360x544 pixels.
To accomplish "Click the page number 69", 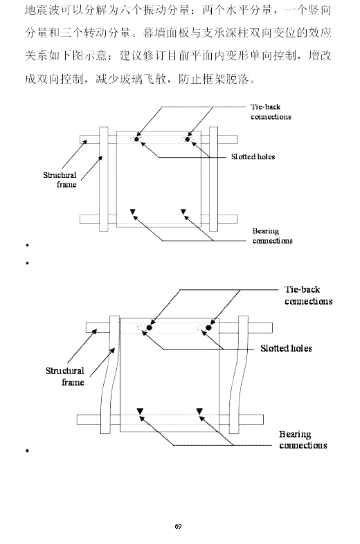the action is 178,526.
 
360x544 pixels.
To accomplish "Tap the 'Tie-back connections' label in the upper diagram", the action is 271,111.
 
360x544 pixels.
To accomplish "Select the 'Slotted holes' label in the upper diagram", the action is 253,157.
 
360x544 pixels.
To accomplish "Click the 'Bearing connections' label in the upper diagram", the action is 273,236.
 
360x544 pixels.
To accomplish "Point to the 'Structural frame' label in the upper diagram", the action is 60,180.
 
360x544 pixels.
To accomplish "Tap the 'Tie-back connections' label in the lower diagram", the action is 308,296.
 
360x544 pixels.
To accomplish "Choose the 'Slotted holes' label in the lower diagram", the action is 286,348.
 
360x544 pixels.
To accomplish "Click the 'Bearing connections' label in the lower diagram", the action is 303,440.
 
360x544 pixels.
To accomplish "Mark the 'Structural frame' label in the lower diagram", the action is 65,377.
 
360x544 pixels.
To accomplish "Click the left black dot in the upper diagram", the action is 136,140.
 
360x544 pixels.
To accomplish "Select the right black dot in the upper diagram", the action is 188,140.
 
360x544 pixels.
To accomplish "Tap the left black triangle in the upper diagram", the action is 132,212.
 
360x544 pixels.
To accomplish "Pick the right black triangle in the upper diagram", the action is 183,212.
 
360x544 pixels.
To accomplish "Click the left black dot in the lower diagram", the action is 150,328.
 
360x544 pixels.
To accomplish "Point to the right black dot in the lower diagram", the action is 208,328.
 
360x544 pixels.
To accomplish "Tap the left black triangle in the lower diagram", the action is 140,412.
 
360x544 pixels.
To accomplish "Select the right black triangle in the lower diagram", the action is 199,412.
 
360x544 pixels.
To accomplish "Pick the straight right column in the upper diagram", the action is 213,179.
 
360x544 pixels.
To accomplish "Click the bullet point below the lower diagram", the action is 27,451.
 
